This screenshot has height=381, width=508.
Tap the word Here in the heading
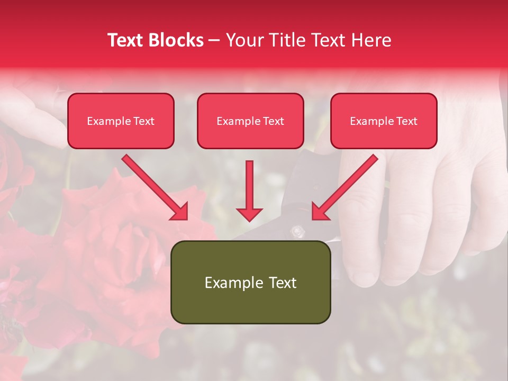click(x=371, y=40)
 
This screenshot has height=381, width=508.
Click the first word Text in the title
click(x=126, y=40)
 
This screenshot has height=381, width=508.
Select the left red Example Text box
click(x=121, y=121)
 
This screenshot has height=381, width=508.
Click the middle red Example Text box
click(x=250, y=121)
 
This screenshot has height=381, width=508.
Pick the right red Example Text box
click(x=384, y=121)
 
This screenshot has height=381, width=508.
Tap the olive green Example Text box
click(x=250, y=282)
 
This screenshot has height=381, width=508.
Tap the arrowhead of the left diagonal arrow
click(x=180, y=212)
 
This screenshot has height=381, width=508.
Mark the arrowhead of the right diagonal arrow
click(x=320, y=212)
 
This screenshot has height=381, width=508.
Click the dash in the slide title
click(x=215, y=40)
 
